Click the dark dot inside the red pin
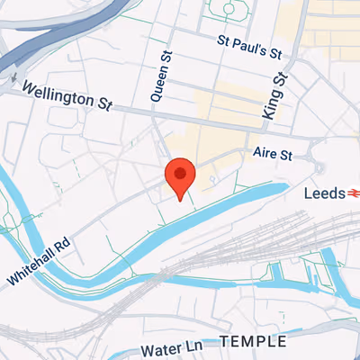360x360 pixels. click(180, 172)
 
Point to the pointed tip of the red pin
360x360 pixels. click(180, 200)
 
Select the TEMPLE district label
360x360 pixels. click(253, 342)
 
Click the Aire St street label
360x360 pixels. click(274, 155)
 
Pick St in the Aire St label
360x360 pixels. click(285, 155)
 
